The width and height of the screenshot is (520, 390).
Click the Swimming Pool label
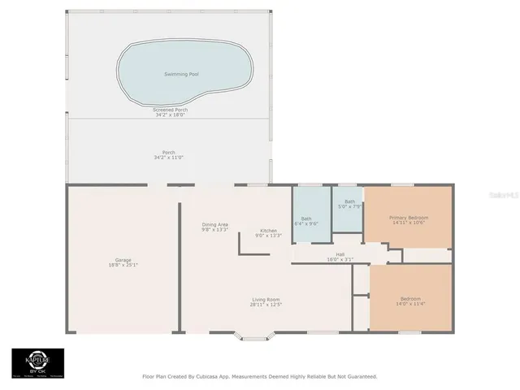[x=181, y=74]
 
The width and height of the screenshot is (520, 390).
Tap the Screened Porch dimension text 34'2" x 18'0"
[x=169, y=115]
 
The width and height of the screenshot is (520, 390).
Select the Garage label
[x=123, y=260]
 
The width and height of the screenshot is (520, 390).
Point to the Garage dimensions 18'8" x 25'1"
[x=123, y=265]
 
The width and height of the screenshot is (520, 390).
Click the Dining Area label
[x=214, y=224]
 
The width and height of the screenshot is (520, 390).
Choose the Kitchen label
[x=269, y=230]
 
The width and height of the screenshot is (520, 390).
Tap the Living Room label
[x=266, y=300]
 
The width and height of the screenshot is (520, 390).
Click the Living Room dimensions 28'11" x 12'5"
[x=266, y=305]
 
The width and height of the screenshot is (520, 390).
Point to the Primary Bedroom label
[x=409, y=218]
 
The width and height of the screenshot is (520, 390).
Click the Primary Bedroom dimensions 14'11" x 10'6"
[x=409, y=223]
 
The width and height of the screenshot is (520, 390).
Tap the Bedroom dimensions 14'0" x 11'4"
[x=409, y=304]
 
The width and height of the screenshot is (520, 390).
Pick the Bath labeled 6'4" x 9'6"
[x=307, y=220]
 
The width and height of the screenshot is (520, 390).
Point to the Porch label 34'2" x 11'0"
[x=169, y=154]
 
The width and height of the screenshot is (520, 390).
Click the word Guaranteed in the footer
[x=358, y=376]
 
